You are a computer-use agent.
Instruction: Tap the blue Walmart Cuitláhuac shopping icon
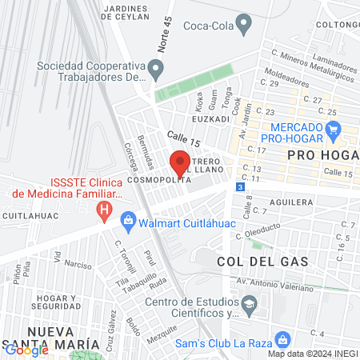click(x=127, y=219)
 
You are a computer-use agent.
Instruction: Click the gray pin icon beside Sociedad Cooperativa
click(x=157, y=71)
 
